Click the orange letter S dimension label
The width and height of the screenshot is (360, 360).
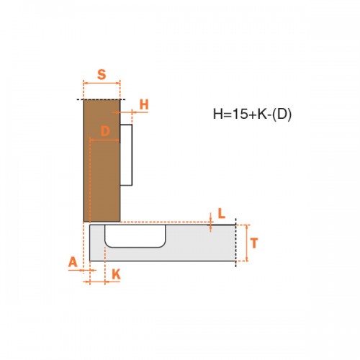click(x=102, y=74)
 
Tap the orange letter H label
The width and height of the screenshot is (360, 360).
click(x=144, y=104)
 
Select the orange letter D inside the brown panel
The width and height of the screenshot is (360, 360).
click(x=105, y=131)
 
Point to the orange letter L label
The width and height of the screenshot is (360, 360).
click(x=222, y=213)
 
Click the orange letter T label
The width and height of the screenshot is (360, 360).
click(x=254, y=243)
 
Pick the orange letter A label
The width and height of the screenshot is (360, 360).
click(x=73, y=262)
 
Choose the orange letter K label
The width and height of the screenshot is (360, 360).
click(x=116, y=274)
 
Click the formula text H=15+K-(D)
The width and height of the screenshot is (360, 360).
click(x=252, y=114)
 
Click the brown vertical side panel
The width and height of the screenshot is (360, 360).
click(x=102, y=161)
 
